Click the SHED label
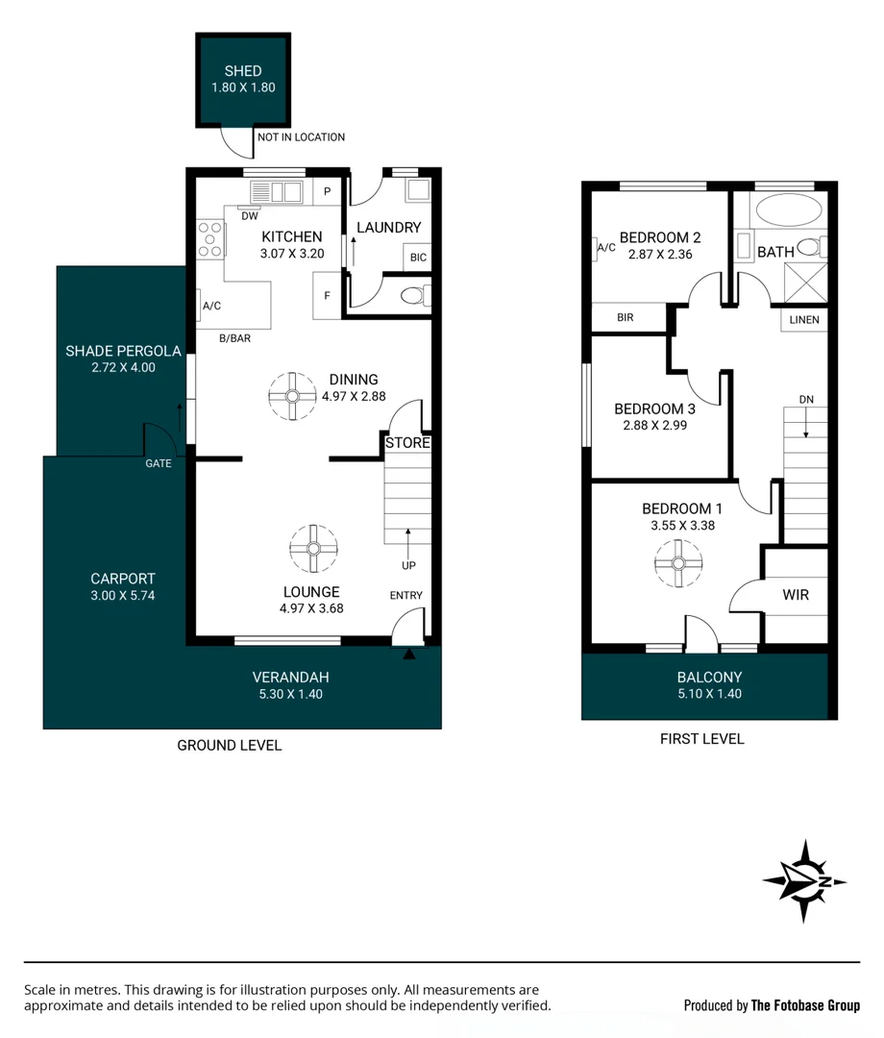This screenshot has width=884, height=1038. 243,71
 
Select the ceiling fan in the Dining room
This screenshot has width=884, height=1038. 292,396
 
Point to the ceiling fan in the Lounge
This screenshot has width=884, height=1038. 313,549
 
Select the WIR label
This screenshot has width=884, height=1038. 796,595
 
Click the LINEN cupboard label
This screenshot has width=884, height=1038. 804,320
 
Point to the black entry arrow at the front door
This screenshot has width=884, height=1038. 409,655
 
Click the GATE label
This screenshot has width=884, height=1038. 159,463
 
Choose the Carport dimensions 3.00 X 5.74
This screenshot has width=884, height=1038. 122,595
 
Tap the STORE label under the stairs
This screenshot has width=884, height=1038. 407,443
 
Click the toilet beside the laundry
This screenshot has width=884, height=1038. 414,295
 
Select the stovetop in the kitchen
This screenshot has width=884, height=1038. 210,239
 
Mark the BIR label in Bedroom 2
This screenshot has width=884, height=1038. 626,317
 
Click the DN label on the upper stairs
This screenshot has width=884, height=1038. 805,399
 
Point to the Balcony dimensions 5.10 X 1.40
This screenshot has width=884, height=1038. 709,693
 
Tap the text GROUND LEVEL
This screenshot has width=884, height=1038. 229,745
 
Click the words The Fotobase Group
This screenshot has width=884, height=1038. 804,1005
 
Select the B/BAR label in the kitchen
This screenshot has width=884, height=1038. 235,337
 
